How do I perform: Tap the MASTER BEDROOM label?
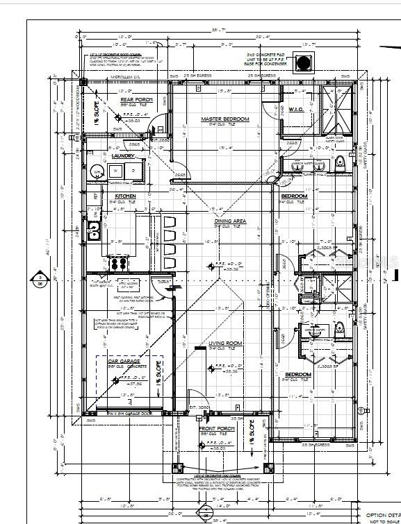click(x=224, y=119)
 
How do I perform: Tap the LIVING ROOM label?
click(x=225, y=343)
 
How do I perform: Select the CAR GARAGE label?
click(x=124, y=362)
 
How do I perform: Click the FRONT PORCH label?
click(x=217, y=428)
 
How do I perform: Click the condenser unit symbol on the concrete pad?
click(x=304, y=63)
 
